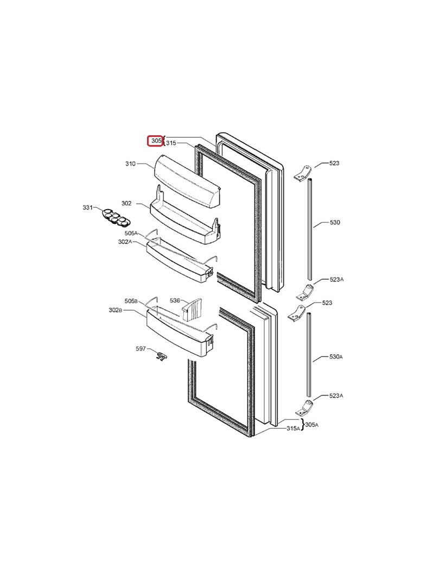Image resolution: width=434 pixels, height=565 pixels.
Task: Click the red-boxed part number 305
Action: coord(156,141)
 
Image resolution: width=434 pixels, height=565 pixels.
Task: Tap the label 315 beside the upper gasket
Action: coord(171,143)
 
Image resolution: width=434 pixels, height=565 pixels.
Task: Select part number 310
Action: coord(130,164)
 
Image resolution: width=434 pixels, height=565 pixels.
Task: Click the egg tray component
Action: coord(116,217)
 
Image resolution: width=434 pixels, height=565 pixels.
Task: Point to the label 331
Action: coord(87,208)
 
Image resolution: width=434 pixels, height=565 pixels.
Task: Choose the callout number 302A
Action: coord(125,242)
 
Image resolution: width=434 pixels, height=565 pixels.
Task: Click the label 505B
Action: coord(131,301)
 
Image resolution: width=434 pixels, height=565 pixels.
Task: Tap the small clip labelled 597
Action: coord(161,356)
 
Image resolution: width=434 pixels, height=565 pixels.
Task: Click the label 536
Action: coord(175,300)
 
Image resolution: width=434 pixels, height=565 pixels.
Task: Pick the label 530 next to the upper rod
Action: coord(335,222)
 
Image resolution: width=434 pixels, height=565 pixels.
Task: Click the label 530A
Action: coord(336,357)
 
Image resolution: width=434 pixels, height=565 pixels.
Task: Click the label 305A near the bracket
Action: coord(311,425)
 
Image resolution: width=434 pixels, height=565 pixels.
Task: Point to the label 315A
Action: coord(293,429)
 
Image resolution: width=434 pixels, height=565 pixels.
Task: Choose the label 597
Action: coord(141,348)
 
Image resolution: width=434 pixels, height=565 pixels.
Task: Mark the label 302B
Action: coord(115,310)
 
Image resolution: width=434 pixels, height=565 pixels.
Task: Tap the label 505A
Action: coord(131,233)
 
